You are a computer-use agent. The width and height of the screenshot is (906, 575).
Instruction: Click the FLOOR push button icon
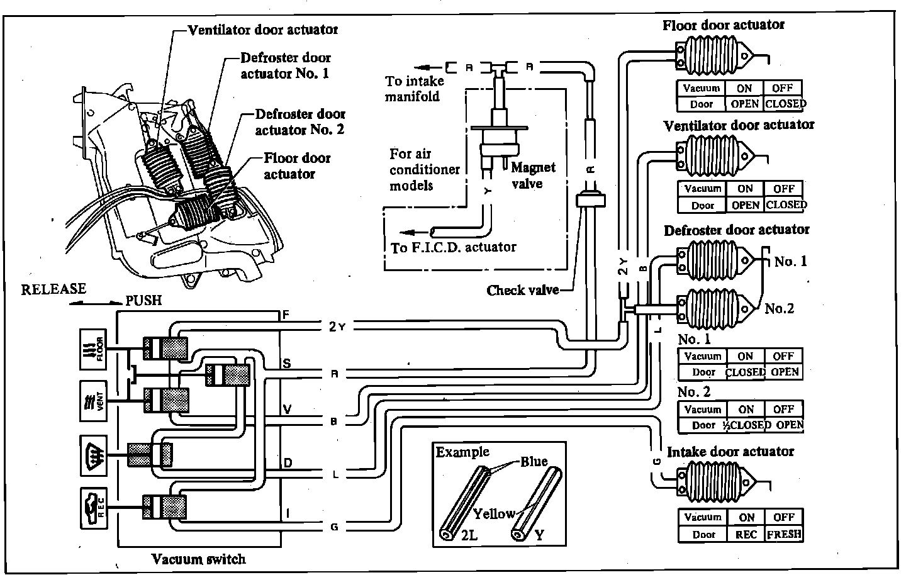tap(94, 348)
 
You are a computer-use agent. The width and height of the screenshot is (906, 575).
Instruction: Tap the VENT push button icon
tap(94, 401)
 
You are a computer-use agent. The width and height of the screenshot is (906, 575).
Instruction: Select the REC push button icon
tap(94, 507)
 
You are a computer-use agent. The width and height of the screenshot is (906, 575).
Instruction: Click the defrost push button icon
tap(94, 454)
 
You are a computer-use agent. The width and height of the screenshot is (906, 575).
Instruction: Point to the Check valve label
tap(522, 290)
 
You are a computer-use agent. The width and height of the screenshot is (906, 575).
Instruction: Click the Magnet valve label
tap(533, 176)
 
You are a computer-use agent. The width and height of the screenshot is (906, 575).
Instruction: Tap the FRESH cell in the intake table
tap(784, 534)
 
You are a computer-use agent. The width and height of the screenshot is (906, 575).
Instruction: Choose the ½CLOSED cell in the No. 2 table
tap(747, 425)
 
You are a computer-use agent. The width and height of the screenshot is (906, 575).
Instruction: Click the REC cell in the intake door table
tap(746, 534)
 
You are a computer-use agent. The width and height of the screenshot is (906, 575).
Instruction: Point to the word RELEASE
tap(53, 289)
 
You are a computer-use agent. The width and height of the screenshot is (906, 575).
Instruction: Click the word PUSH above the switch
tap(143, 301)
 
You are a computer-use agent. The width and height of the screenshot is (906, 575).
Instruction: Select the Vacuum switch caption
tap(198, 559)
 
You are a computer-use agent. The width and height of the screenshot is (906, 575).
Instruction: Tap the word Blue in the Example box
tap(534, 462)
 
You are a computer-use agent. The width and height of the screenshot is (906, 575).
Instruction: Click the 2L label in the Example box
tap(469, 536)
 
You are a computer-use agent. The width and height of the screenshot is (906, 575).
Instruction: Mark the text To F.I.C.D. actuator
tap(453, 247)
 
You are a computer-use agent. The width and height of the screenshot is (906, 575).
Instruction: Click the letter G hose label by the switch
tap(334, 527)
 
